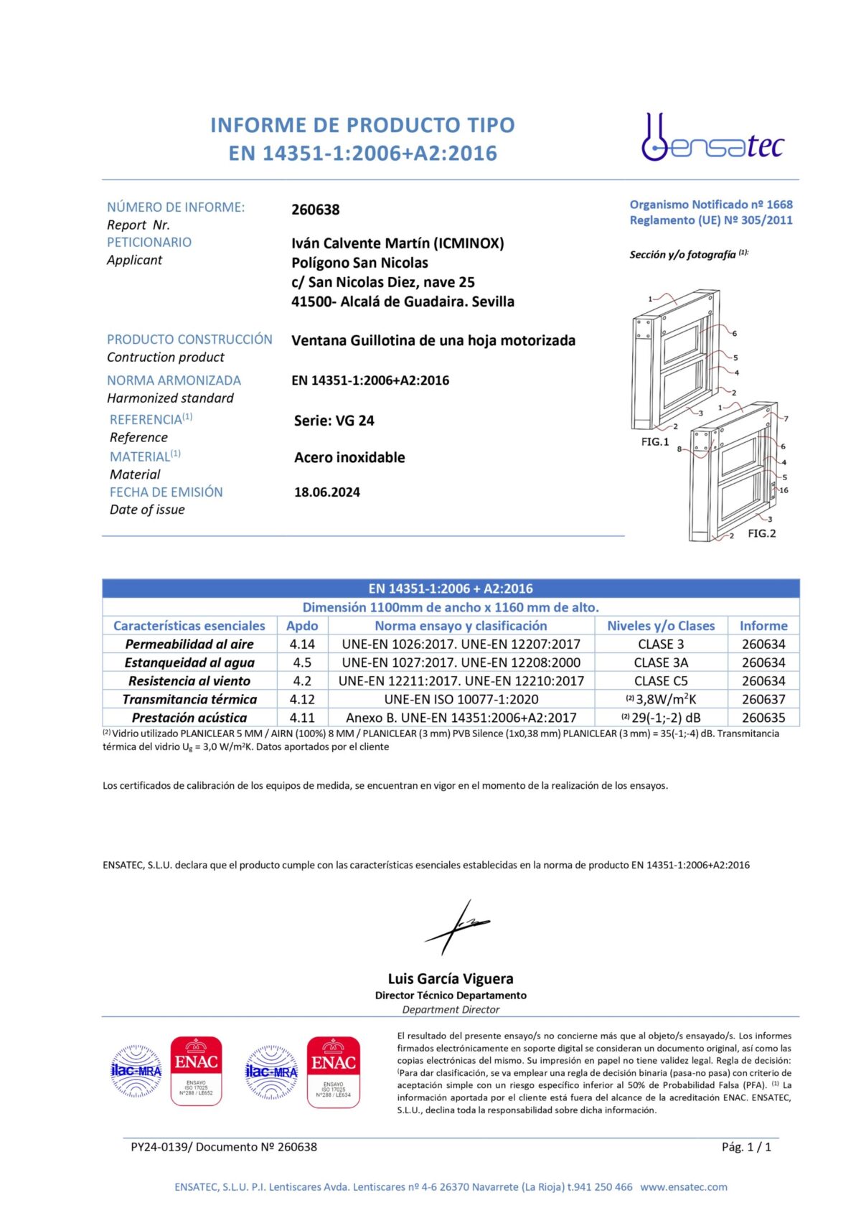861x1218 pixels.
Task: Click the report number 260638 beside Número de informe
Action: pos(315,210)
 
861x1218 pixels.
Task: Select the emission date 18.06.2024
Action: pos(326,492)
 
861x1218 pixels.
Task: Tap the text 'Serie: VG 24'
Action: pos(334,421)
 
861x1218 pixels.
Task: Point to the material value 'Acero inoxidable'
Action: pos(349,457)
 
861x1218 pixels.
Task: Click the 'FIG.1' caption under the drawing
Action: pos(654,442)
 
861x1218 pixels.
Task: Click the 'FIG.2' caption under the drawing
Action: pos(761,533)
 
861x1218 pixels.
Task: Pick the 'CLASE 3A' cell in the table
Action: pos(661,662)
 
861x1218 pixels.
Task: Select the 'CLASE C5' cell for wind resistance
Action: pos(661,680)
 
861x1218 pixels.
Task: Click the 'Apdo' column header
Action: pos(302,626)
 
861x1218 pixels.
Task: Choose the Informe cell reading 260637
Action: pos(763,699)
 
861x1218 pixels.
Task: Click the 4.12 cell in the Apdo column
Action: pos(302,699)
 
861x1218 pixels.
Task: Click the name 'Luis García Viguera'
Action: pos(451,979)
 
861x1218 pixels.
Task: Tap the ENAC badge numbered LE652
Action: pos(196,1071)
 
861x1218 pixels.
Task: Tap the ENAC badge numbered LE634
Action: pos(333,1071)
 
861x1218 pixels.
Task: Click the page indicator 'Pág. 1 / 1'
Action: pos(746,1147)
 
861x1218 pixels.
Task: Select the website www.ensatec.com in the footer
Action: pos(684,1187)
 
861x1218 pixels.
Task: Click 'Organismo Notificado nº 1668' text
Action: pos(711,205)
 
